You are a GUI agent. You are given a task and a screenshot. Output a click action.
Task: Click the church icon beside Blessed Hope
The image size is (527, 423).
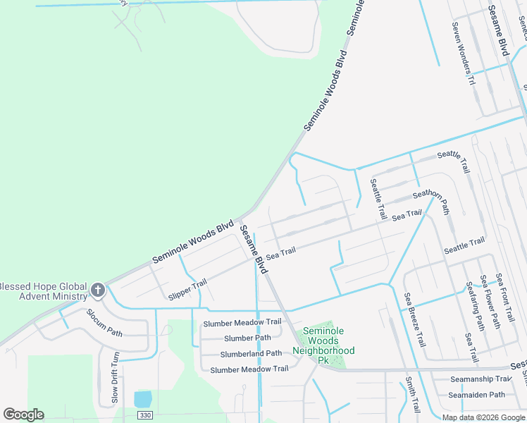(x=98, y=290)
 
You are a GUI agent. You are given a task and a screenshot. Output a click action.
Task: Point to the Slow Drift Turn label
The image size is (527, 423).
(x=115, y=378)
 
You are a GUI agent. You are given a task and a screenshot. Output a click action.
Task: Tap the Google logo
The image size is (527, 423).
(x=23, y=415)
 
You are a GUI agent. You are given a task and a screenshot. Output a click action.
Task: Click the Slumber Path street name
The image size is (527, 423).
(x=247, y=338)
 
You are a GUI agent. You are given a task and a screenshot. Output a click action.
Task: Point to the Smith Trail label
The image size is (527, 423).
(x=411, y=395)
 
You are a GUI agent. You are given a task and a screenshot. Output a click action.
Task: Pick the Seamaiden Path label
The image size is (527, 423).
(x=478, y=395)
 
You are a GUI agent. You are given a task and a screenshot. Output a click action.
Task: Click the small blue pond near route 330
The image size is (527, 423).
(x=142, y=399)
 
